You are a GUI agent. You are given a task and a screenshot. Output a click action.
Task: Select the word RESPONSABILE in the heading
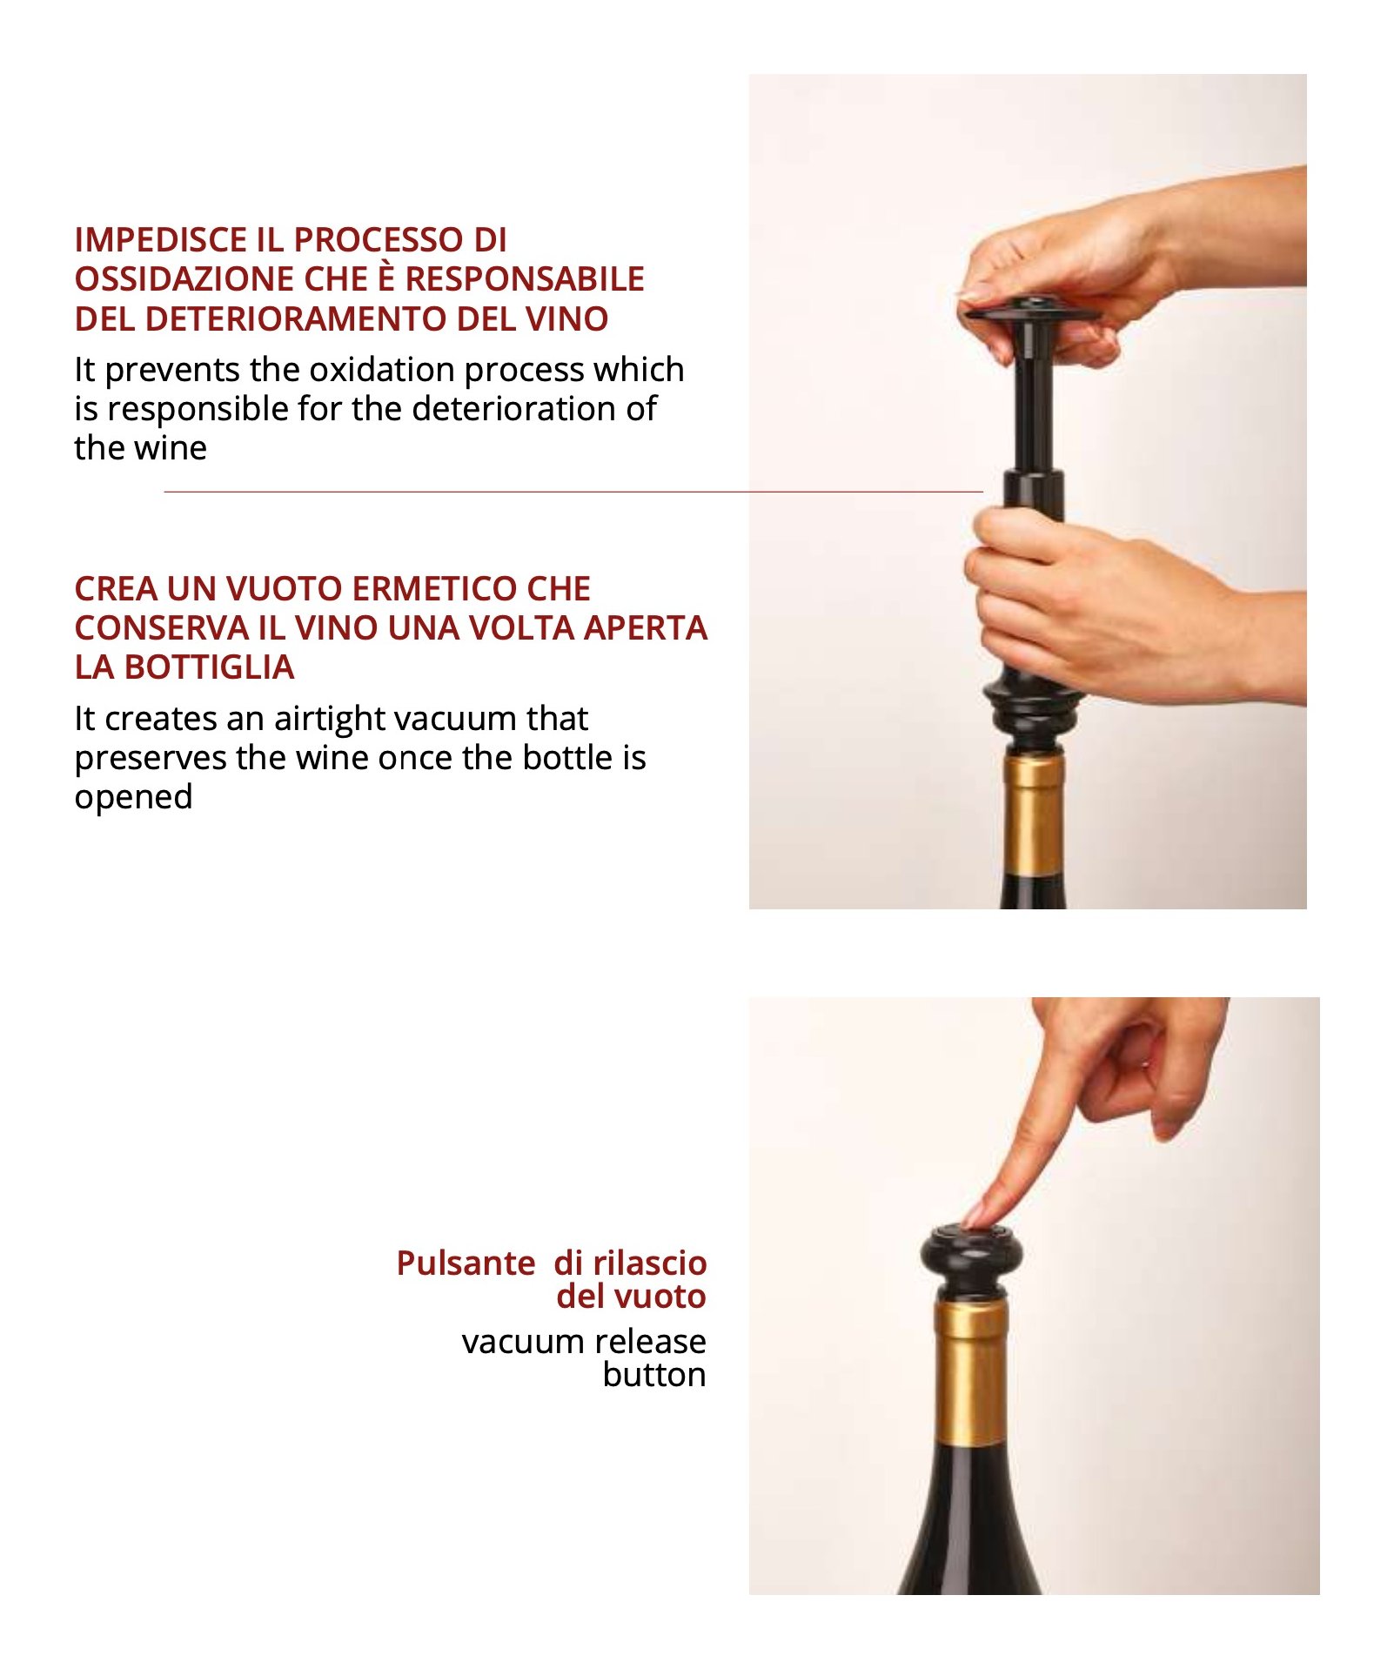[x=525, y=279]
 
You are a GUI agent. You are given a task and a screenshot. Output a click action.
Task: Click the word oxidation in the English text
[x=382, y=370]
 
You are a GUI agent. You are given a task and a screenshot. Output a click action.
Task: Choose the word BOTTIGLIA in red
[x=209, y=667]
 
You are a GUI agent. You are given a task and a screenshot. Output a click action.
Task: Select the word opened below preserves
[x=133, y=798]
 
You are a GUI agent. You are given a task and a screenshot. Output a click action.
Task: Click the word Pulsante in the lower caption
[x=466, y=1263]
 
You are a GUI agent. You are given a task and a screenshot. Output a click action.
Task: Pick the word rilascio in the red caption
[x=650, y=1263]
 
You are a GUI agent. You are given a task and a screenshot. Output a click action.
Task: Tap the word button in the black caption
[x=654, y=1375]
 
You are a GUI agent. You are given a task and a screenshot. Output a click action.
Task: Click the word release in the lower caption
[x=645, y=1342]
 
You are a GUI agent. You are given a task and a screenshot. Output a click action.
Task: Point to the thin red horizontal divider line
[x=573, y=492]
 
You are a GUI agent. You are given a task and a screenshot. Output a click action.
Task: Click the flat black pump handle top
[x=1030, y=312]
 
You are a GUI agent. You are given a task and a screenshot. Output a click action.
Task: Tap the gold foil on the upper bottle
[x=1034, y=814]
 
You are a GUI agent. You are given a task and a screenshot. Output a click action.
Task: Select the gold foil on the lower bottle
[x=971, y=1372]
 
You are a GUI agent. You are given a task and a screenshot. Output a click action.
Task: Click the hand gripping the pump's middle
[x=1123, y=609]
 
